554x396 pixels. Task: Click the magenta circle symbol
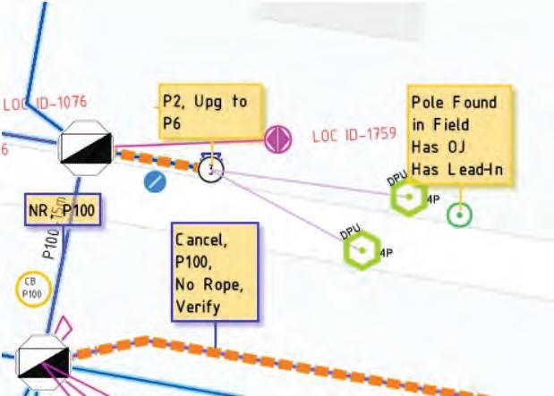[278, 139]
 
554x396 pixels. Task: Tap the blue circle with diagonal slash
[156, 182]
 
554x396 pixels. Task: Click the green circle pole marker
[459, 215]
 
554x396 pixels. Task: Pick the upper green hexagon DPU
[409, 197]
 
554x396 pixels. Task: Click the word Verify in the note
[197, 307]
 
